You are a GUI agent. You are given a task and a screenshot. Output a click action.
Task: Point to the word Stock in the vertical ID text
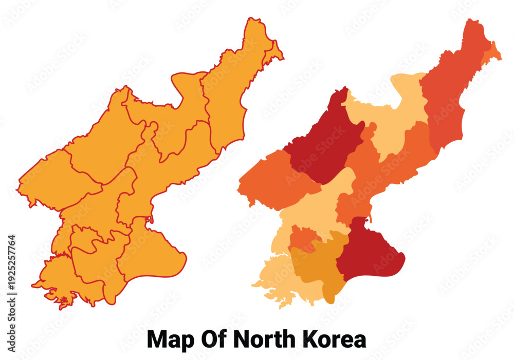[x=11, y=313]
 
